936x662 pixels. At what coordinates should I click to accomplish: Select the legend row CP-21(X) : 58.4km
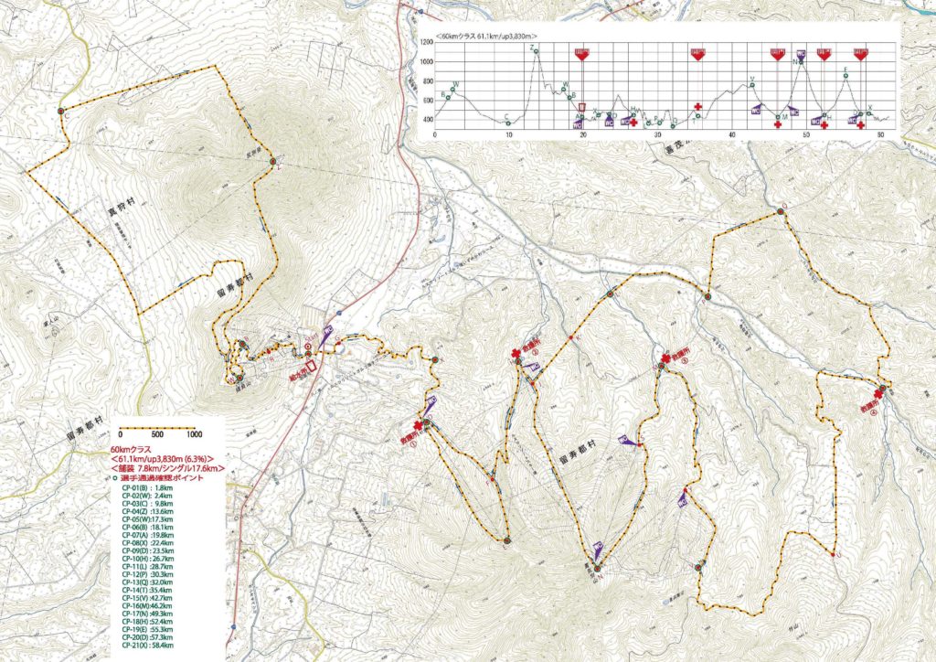tap(147, 646)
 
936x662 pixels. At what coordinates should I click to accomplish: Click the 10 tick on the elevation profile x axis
tap(508, 135)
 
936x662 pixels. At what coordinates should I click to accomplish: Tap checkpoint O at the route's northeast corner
tap(782, 211)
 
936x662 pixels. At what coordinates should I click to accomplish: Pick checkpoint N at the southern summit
tap(596, 568)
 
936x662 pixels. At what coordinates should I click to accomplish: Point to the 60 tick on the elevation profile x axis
tap(880, 135)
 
